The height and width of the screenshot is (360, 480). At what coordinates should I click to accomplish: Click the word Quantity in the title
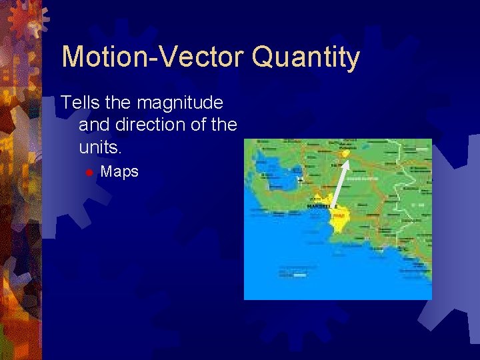[x=306, y=59]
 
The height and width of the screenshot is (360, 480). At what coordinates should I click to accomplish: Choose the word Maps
[x=119, y=172]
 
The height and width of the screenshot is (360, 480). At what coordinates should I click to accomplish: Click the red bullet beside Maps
[x=87, y=173]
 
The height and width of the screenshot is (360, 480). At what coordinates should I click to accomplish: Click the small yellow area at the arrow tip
[x=345, y=153]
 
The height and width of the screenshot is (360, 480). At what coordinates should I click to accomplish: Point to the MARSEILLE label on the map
[x=318, y=207]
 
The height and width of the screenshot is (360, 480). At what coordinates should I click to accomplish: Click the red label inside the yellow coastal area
[x=339, y=215]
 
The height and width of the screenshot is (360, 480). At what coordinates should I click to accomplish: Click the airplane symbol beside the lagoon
[x=301, y=179]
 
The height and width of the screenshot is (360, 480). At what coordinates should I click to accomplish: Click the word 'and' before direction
[x=92, y=125]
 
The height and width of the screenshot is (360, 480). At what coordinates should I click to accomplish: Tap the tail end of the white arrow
[x=333, y=205]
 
